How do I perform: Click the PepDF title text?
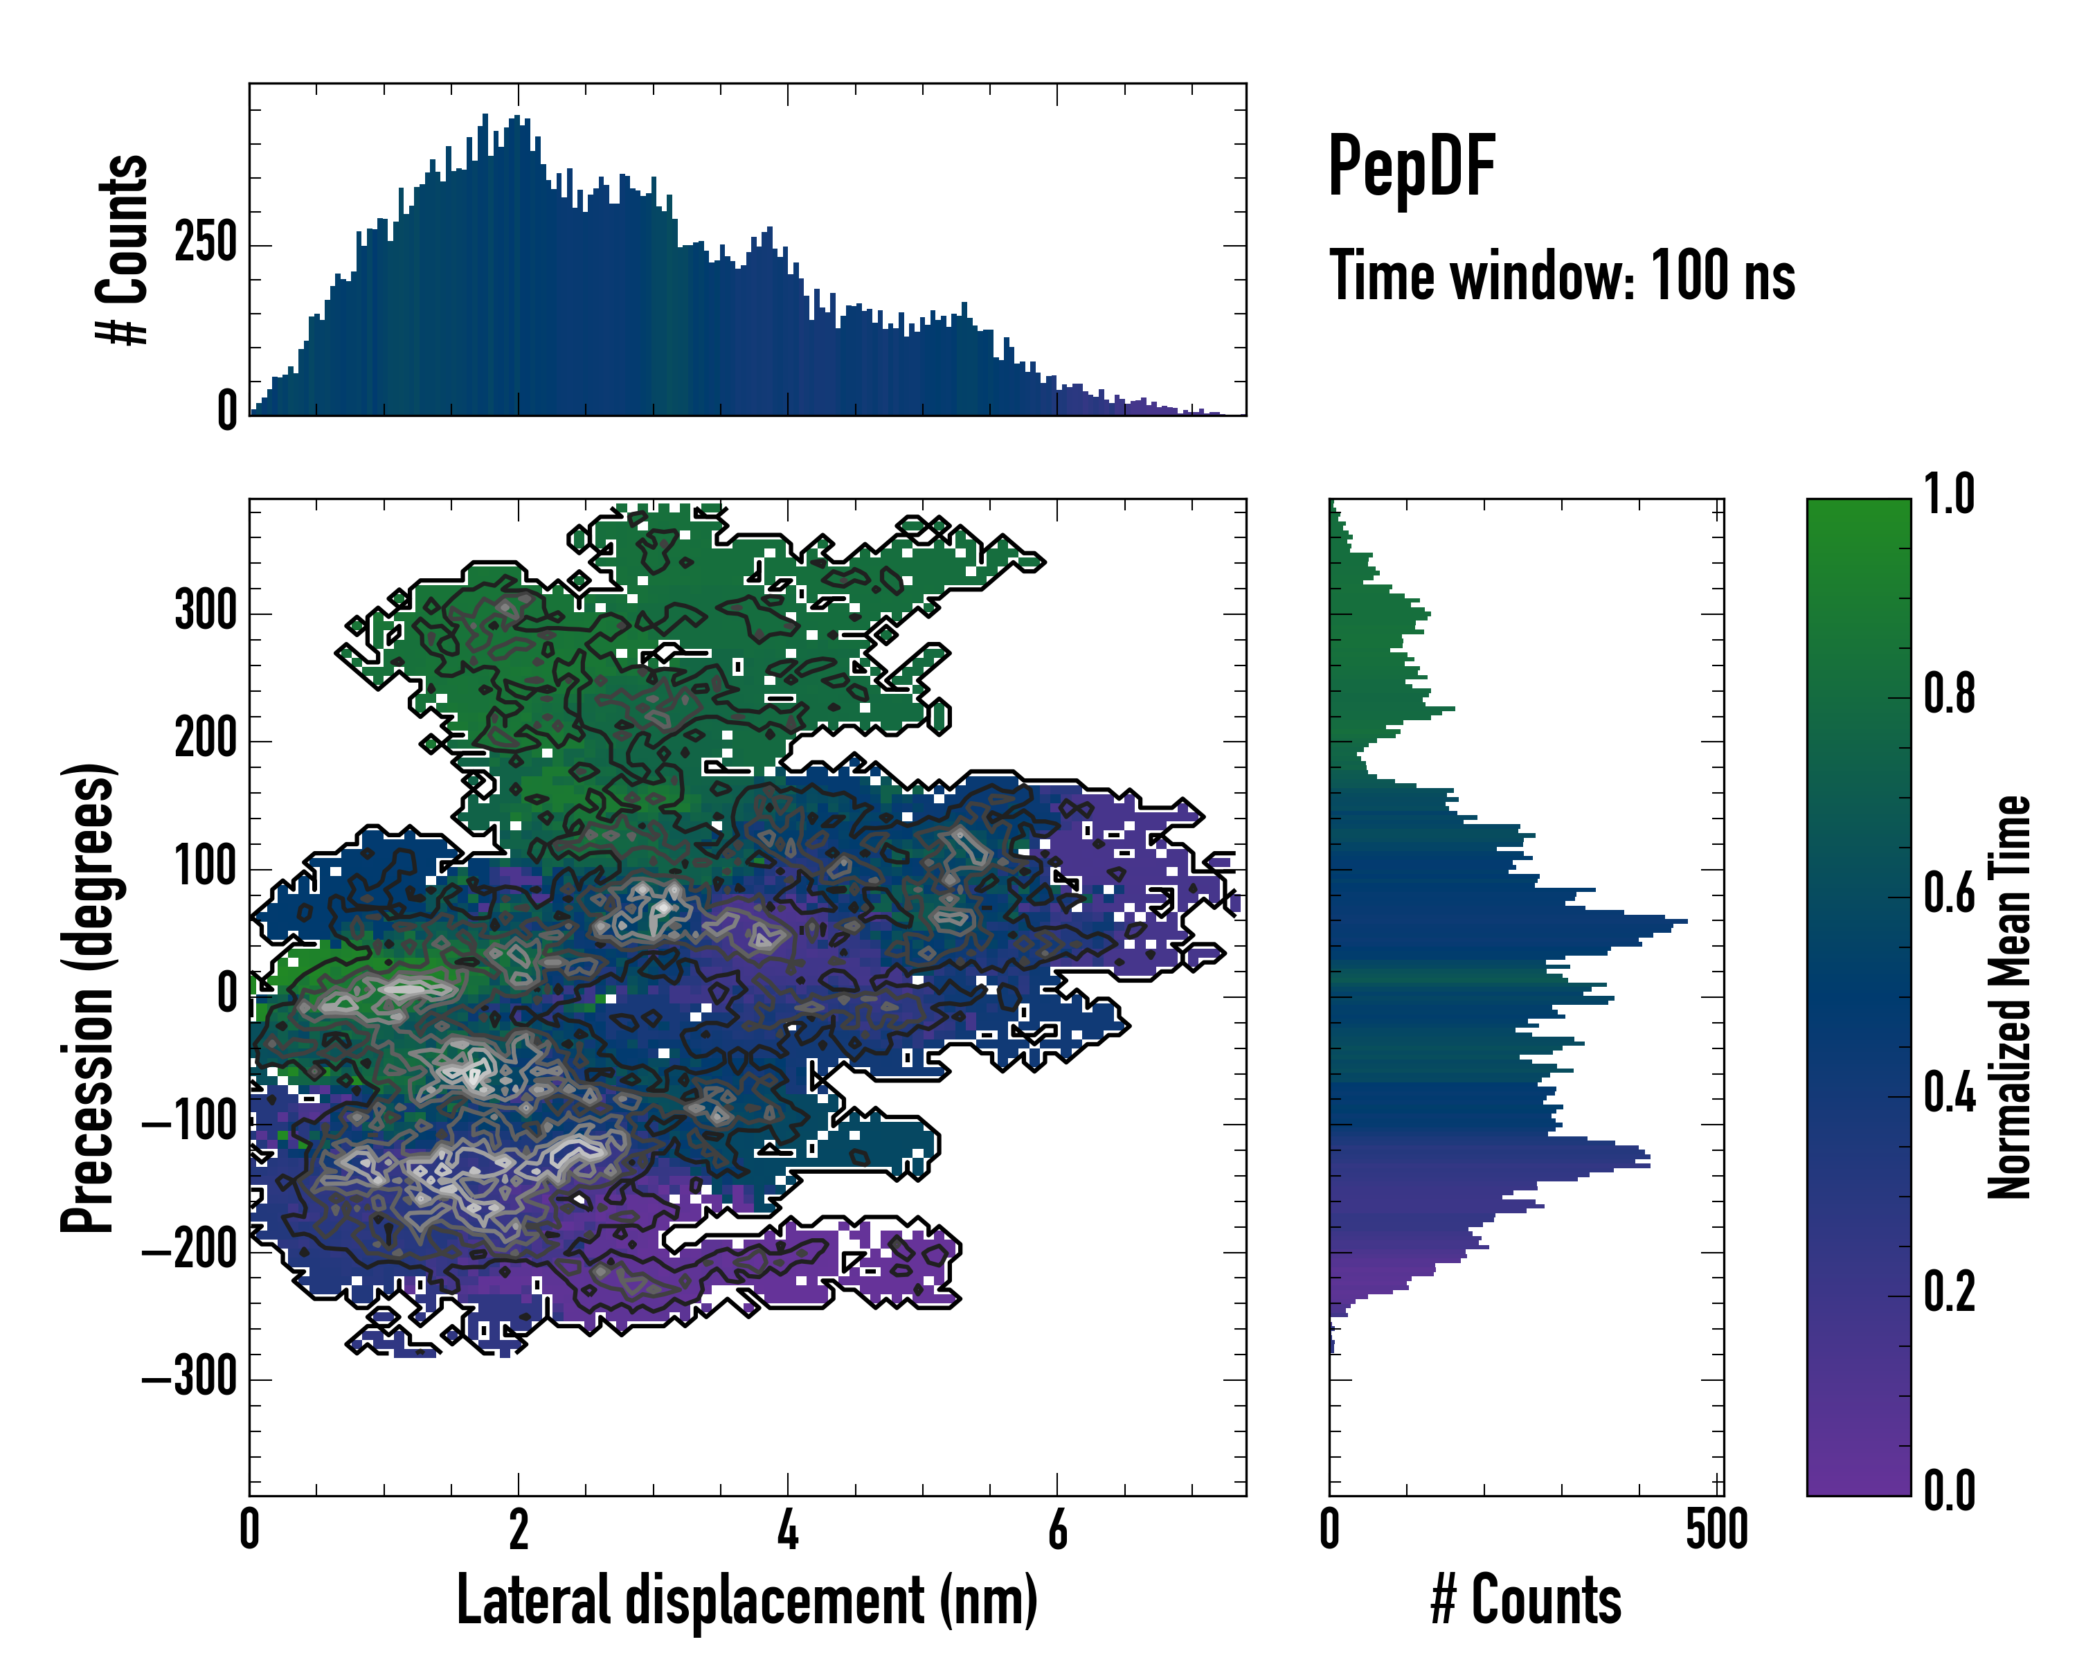[x=1410, y=167]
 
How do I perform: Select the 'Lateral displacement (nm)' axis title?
[x=746, y=1600]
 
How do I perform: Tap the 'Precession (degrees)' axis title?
[x=89, y=997]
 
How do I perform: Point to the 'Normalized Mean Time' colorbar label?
[x=2010, y=997]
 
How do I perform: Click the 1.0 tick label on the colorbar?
[x=1949, y=495]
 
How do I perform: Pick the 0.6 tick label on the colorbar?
[x=1949, y=894]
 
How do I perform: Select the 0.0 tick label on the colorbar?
[x=1949, y=1490]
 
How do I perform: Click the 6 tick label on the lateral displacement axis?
[x=1057, y=1529]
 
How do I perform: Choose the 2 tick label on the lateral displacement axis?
[x=519, y=1529]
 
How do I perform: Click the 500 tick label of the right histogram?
[x=1717, y=1529]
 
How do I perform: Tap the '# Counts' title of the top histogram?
[x=123, y=249]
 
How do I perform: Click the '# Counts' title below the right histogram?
[x=1526, y=1600]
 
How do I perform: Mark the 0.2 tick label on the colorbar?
[x=1949, y=1292]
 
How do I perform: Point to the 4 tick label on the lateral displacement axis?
[x=788, y=1529]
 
